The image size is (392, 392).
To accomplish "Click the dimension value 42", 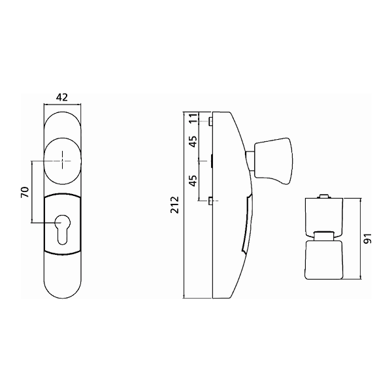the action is point(62,97).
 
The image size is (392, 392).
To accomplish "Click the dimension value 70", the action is point(25,192).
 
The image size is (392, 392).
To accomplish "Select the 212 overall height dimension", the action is point(174,205).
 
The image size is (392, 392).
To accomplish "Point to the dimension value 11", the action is point(193,118).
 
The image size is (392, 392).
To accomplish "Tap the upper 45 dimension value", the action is point(193,142).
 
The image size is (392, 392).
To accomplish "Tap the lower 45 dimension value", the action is point(193,181).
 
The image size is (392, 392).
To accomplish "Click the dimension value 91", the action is point(367,238).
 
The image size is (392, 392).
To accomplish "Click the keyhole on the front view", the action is point(63,229).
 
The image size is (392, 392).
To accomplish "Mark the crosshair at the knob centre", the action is point(62,161).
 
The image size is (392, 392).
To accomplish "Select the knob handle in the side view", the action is point(274,161).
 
